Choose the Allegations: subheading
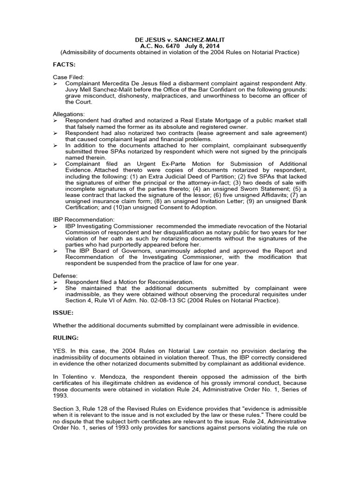pos(69,114)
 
